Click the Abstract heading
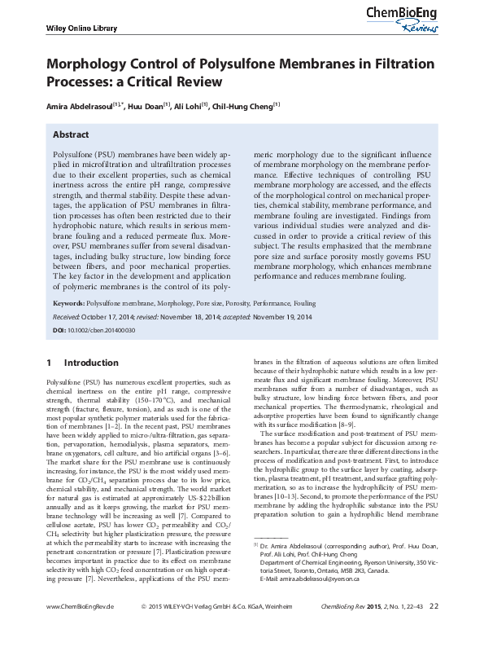(x=71, y=134)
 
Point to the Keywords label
(x=68, y=302)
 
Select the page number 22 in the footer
(x=434, y=629)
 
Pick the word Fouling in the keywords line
(x=304, y=302)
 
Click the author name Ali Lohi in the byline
(x=190, y=105)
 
